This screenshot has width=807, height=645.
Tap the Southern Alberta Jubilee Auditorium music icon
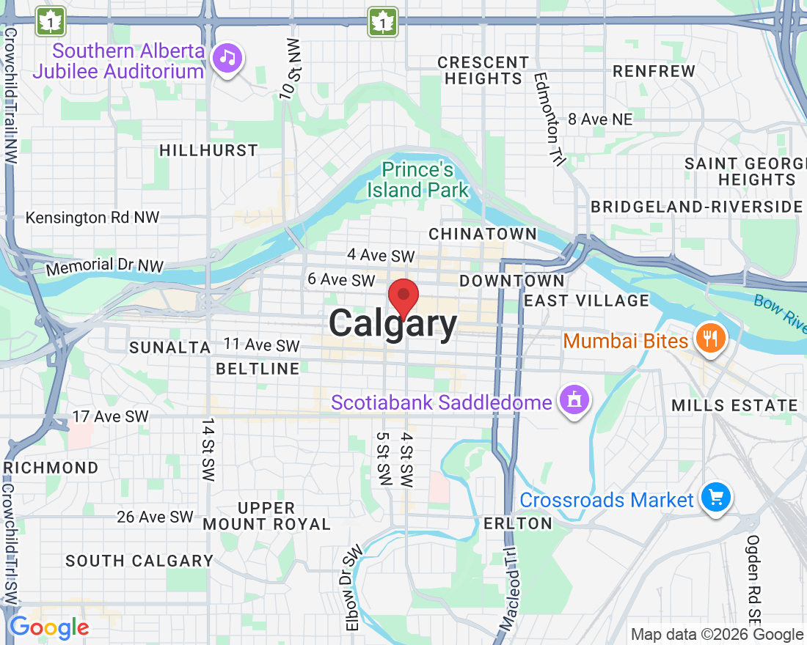227,58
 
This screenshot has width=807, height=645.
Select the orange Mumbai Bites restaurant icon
709,339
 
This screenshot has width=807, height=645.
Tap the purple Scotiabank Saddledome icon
574,400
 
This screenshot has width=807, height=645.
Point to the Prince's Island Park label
417,180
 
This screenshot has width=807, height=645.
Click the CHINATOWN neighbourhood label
483,234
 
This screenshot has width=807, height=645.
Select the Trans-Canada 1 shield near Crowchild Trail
50,21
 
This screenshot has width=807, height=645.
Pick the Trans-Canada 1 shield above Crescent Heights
382,21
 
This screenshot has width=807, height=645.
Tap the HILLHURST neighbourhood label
209,150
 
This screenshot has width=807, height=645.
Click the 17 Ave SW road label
111,416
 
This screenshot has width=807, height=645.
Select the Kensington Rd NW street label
92,218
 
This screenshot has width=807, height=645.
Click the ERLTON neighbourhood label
518,523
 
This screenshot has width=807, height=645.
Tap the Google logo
49,627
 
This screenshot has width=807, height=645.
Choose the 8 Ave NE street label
599,119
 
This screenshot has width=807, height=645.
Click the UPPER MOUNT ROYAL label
267,516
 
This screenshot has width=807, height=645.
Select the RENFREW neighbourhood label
654,71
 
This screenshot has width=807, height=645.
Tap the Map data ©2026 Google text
717,635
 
